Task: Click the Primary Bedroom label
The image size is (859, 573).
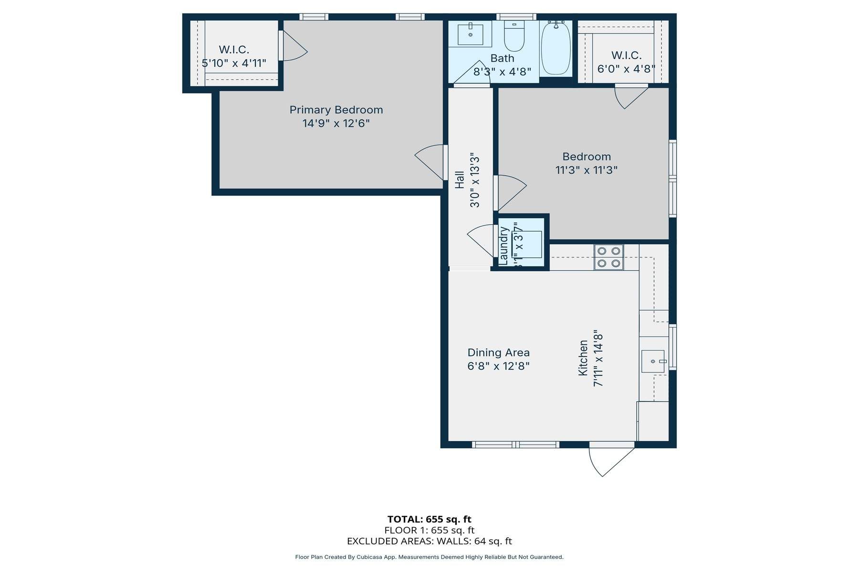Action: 336,110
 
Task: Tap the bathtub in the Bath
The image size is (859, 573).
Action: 555,48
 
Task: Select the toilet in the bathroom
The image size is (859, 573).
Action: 514,38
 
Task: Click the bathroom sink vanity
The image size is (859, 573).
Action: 470,34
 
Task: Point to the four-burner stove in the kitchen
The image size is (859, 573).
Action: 608,257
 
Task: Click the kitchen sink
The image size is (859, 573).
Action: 653,361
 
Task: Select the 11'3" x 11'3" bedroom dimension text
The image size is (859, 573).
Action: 587,170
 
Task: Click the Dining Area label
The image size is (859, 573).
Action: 498,352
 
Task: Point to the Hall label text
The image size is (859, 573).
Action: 460,180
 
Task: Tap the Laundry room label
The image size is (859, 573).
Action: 503,245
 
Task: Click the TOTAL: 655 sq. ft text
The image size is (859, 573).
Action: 429,519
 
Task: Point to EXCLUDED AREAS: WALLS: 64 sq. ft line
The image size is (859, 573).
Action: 429,541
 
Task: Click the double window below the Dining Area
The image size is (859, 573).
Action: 515,445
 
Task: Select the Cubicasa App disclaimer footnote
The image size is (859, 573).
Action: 429,557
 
